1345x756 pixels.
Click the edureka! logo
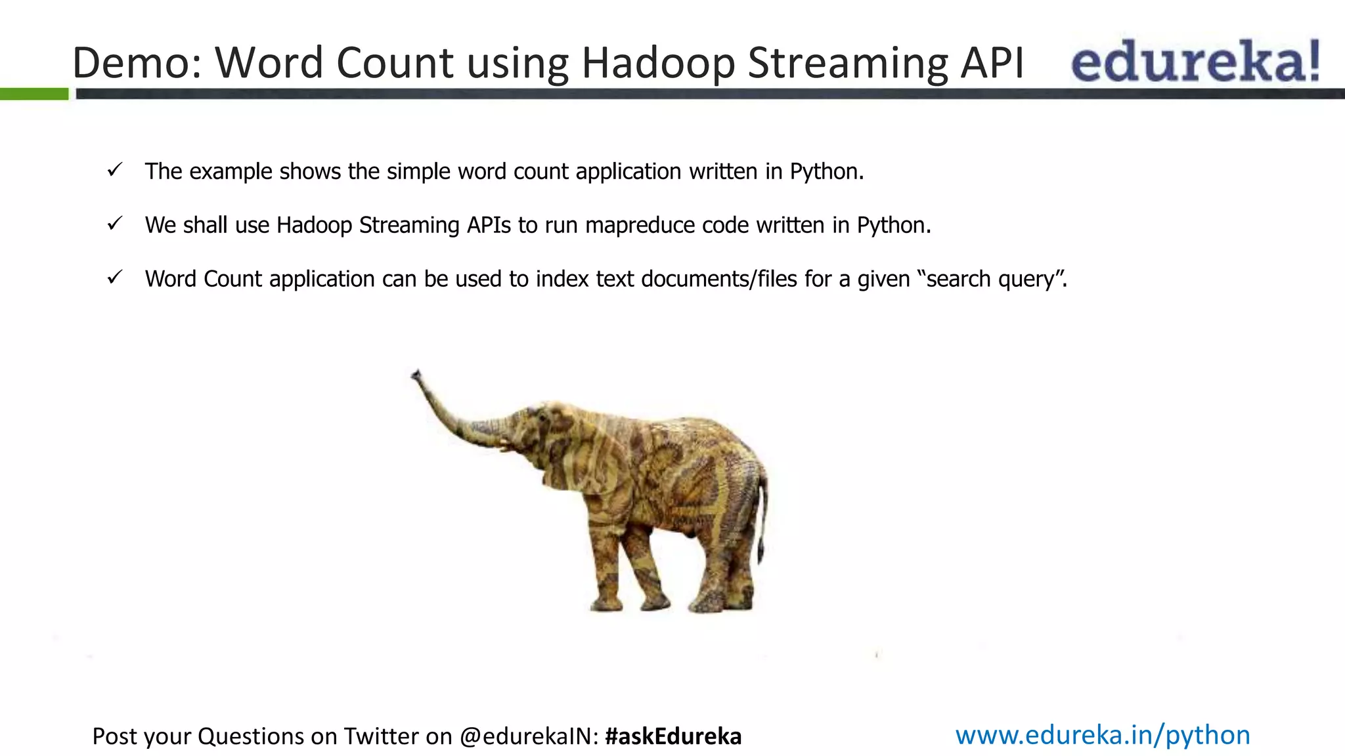1195,61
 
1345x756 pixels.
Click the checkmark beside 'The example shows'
115,171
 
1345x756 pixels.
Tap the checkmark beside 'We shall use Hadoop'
115,224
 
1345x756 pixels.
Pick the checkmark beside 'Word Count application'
115,278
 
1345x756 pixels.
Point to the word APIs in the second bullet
489,225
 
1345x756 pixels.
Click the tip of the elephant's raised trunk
415,375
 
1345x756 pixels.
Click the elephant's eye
540,418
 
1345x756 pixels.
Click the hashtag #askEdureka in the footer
673,736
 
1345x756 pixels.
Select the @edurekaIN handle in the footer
529,736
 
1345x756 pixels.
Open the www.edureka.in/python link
1103,735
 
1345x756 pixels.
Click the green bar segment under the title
34,94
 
